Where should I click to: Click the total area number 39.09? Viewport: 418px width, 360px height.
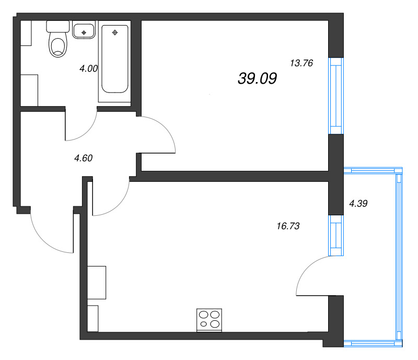(257, 78)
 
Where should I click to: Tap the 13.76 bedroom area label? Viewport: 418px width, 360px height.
(301, 63)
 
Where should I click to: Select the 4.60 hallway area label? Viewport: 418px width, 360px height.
(83, 158)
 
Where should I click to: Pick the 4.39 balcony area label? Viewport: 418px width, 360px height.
(358, 204)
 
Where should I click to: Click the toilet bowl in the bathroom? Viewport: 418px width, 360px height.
(57, 45)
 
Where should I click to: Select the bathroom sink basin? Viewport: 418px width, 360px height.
(84, 31)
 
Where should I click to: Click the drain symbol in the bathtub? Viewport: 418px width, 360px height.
(115, 33)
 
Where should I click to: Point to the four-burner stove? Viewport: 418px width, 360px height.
(209, 319)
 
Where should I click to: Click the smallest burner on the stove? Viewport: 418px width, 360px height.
(203, 324)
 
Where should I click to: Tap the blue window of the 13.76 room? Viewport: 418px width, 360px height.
(335, 96)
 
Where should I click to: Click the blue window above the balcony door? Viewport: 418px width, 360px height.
(335, 235)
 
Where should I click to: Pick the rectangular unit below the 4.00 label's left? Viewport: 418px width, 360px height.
(29, 90)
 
